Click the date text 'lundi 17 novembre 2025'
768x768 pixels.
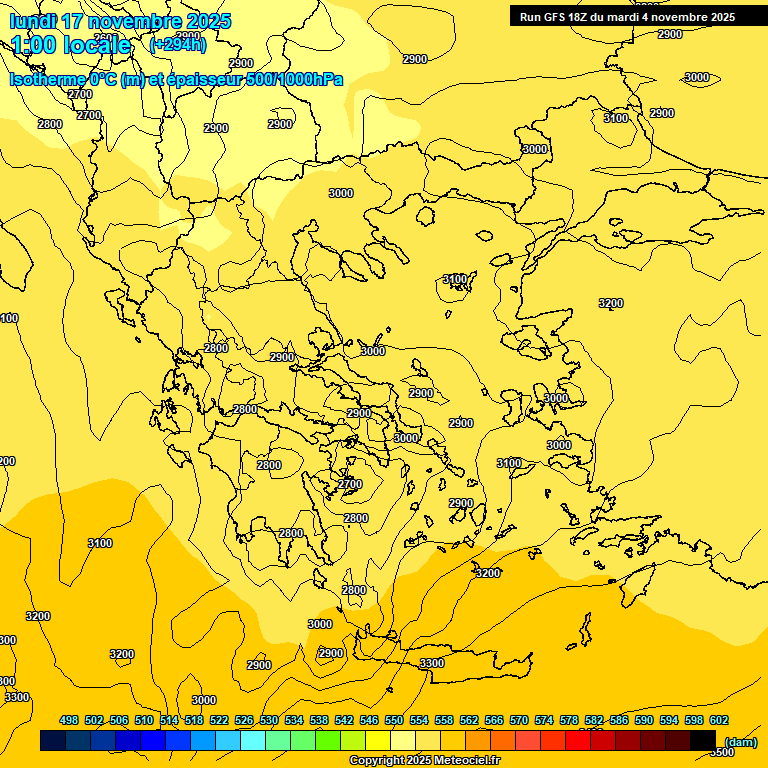(x=120, y=21)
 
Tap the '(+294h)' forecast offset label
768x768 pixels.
(x=178, y=44)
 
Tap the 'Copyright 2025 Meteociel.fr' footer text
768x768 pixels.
(x=425, y=761)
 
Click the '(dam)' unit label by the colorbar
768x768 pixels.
(x=741, y=741)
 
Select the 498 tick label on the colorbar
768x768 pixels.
(x=69, y=720)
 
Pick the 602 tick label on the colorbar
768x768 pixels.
(x=719, y=720)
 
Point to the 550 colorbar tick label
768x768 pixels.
(x=394, y=720)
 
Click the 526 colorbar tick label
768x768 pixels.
(x=244, y=720)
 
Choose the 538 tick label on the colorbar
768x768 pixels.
(x=319, y=720)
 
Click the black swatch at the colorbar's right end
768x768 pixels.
(x=703, y=740)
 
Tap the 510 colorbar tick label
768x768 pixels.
(x=144, y=720)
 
